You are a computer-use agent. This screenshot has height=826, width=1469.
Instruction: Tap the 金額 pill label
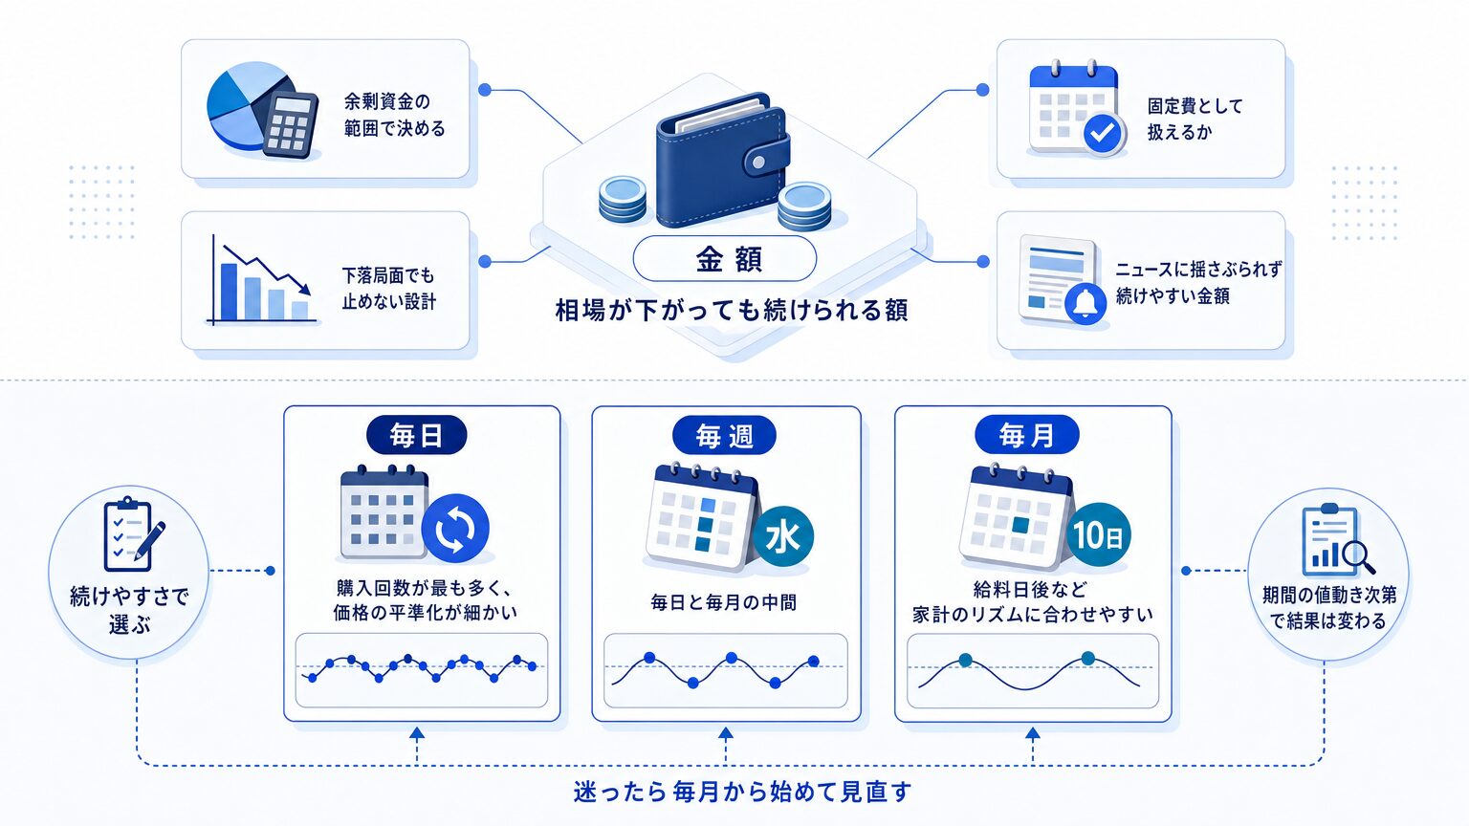click(725, 259)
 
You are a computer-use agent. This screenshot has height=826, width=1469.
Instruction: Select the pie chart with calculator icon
click(262, 110)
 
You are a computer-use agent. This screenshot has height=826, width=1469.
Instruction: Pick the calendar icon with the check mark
click(1077, 108)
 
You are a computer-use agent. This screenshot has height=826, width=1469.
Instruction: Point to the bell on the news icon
click(1085, 303)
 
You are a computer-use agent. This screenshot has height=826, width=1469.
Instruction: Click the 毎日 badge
click(416, 435)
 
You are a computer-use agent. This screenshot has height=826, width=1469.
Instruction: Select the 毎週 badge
click(725, 435)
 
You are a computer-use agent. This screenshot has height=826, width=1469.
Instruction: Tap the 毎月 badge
click(1026, 435)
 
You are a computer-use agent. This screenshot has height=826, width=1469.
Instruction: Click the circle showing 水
click(783, 536)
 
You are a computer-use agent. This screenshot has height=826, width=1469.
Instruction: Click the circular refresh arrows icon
click(455, 529)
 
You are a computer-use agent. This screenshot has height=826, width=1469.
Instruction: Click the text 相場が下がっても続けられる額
click(732, 310)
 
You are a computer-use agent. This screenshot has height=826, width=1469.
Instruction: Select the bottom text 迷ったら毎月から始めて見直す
click(742, 792)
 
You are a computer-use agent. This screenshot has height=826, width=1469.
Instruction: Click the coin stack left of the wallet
click(623, 199)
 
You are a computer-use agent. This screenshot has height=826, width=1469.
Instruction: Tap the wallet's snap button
click(758, 162)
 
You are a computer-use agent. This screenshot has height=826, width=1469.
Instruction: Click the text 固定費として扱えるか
click(1195, 119)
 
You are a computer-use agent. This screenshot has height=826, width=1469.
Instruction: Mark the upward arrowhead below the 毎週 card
click(725, 733)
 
